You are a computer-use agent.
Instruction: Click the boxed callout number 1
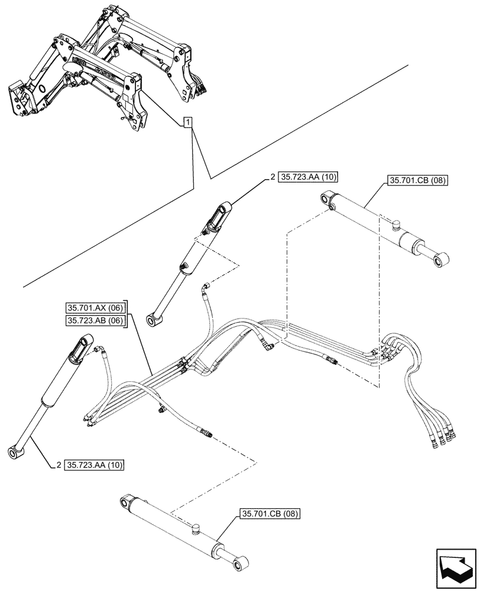click(187, 123)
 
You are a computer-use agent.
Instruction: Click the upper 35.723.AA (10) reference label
click(307, 176)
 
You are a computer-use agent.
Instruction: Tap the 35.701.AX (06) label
click(95, 307)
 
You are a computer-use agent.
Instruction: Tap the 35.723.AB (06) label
click(95, 320)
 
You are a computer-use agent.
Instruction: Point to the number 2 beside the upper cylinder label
click(273, 176)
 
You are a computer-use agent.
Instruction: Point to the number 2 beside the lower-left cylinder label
click(60, 465)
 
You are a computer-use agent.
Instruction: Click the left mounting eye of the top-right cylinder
click(327, 199)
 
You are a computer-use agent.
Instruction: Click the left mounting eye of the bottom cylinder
click(125, 502)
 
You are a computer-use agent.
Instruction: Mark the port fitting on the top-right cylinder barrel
click(396, 223)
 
